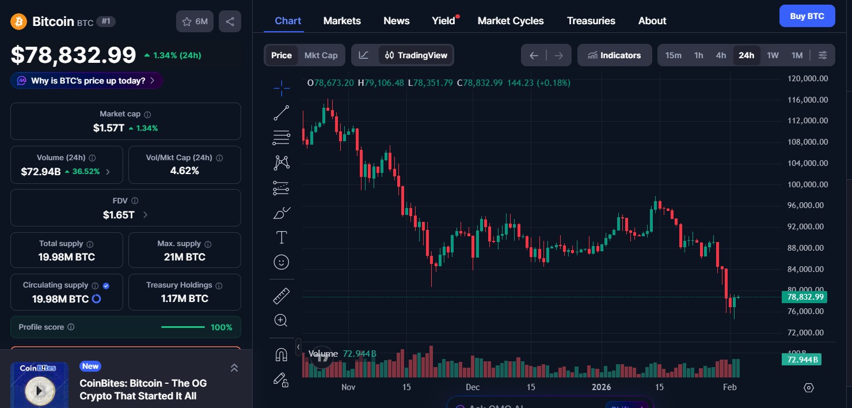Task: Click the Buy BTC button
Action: (x=807, y=16)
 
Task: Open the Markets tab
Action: (x=342, y=21)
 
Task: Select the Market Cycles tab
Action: (x=510, y=21)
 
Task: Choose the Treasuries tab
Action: (x=591, y=21)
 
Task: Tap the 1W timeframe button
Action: (x=773, y=55)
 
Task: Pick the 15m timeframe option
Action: (x=673, y=55)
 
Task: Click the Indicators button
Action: (x=614, y=55)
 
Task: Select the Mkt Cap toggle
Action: (x=321, y=55)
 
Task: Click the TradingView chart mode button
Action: (x=416, y=55)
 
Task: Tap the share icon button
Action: (x=230, y=21)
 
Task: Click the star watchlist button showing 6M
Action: (x=195, y=21)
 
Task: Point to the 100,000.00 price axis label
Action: (x=807, y=184)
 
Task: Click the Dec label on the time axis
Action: (x=473, y=387)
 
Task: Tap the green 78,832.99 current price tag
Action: (x=805, y=297)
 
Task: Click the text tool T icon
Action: (x=282, y=237)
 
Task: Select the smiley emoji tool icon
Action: (x=282, y=262)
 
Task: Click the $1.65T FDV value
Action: (x=119, y=215)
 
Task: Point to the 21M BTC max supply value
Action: (x=184, y=257)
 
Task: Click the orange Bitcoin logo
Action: (x=19, y=22)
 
